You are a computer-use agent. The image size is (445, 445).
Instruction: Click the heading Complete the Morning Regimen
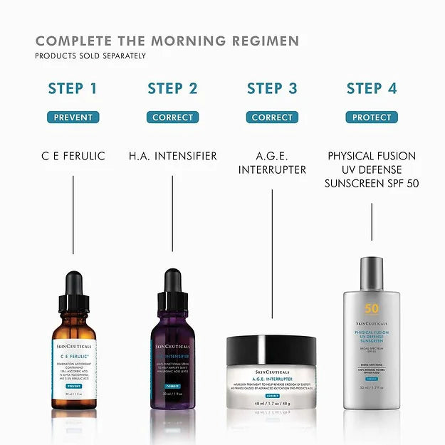click(167, 41)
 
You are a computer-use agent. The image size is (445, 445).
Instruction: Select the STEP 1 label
click(73, 89)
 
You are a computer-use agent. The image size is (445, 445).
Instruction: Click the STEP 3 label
click(272, 89)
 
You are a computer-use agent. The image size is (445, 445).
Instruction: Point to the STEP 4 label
click(372, 89)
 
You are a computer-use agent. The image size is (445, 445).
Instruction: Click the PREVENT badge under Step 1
click(73, 117)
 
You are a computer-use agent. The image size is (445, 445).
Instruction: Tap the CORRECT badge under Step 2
click(172, 117)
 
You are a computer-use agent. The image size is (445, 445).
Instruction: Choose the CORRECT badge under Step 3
click(272, 117)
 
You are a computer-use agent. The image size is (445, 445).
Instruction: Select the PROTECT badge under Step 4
click(372, 117)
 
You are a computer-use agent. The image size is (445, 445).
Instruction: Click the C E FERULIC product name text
click(73, 156)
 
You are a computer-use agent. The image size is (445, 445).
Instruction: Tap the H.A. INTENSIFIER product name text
click(172, 156)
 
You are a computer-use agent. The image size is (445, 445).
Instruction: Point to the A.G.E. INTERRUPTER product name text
click(272, 163)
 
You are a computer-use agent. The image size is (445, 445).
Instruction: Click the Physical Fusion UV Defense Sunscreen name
click(372, 169)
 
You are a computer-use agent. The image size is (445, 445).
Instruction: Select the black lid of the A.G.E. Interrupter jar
click(272, 350)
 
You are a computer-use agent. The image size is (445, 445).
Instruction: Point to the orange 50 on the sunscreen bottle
click(372, 308)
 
